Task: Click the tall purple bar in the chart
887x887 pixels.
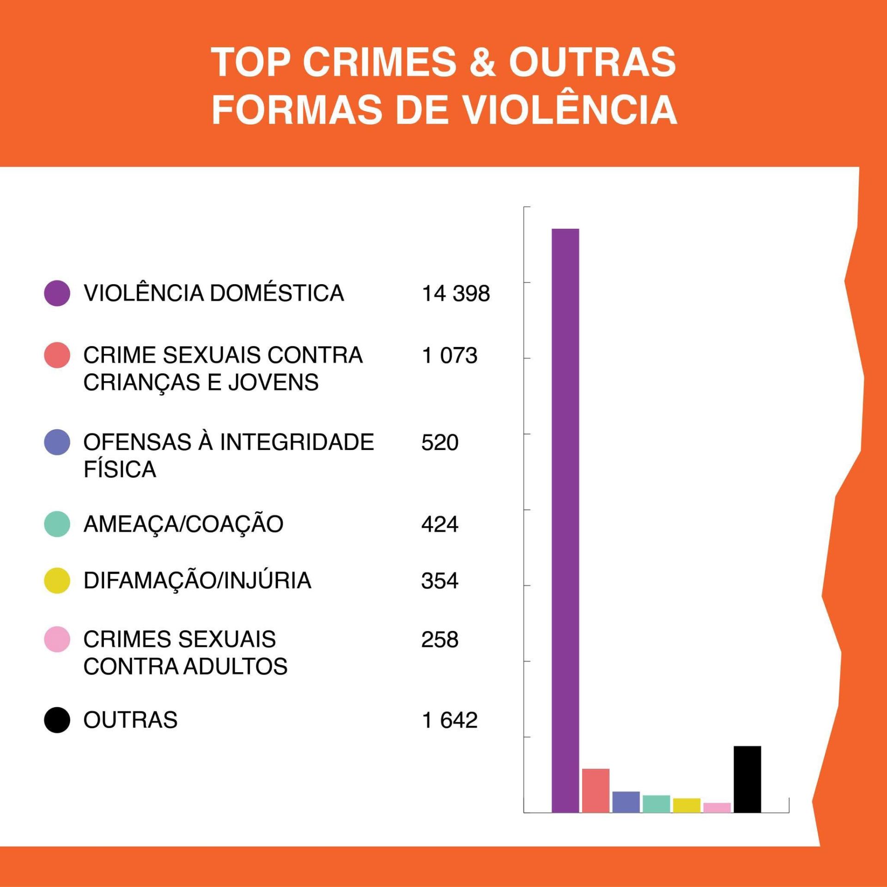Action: [x=565, y=520]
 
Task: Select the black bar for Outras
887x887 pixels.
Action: [x=747, y=779]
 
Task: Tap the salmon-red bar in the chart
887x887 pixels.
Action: [x=595, y=790]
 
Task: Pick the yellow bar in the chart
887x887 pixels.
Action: [x=687, y=805]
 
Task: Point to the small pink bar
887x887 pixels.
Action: [x=717, y=808]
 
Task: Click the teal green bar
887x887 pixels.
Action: [x=656, y=804]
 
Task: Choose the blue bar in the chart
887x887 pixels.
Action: [x=626, y=802]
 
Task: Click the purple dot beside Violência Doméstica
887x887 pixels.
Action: [x=57, y=293]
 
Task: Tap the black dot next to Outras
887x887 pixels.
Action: [x=57, y=720]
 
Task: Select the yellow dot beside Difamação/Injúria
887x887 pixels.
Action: [x=57, y=580]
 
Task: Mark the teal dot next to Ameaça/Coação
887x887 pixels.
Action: [x=57, y=524]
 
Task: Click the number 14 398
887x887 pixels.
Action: [x=456, y=293]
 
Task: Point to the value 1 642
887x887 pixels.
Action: [x=450, y=720]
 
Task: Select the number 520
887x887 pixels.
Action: [x=440, y=443]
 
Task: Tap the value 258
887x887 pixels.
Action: [x=440, y=640]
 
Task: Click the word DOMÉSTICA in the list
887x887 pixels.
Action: [x=277, y=293]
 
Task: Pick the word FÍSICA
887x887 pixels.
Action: [x=120, y=469]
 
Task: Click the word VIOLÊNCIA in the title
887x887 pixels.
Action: [x=570, y=110]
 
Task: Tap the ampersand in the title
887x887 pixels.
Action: [x=482, y=62]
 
